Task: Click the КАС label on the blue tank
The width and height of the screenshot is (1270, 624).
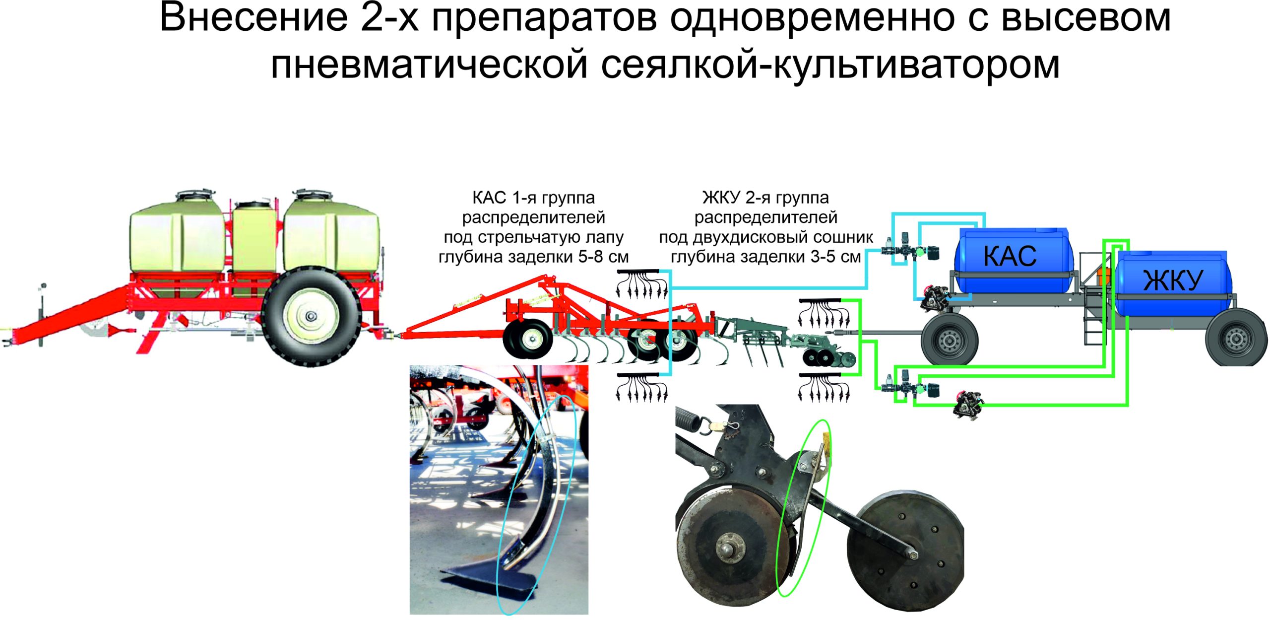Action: pos(1010,256)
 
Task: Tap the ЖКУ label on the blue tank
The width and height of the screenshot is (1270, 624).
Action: pos(1173,280)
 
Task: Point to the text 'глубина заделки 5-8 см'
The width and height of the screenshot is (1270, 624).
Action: pos(533,257)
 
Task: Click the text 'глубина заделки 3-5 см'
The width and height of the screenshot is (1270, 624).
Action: pos(765,257)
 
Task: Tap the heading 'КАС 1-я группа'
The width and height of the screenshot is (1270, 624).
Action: pos(533,198)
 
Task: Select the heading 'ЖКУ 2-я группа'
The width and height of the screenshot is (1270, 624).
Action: pos(765,198)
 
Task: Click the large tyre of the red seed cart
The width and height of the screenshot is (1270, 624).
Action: pos(312,316)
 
